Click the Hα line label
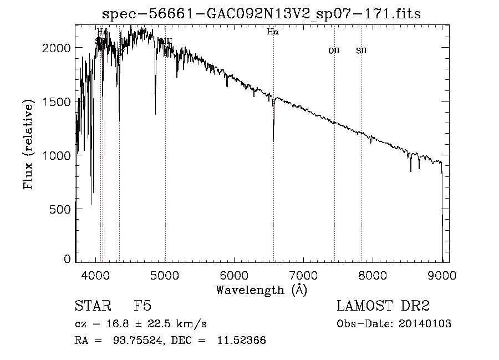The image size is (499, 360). click(x=272, y=32)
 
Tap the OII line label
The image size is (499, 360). click(x=334, y=51)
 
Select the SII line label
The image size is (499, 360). click(x=361, y=51)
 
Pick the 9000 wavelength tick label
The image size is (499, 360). click(x=442, y=276)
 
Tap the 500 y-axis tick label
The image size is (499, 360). click(x=62, y=209)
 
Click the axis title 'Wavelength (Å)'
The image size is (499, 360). click(x=261, y=290)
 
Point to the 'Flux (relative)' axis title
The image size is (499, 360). click(x=28, y=144)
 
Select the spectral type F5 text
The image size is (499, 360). click(x=142, y=307)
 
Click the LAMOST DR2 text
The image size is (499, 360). click(x=383, y=307)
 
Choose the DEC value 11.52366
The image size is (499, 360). click(x=242, y=341)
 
